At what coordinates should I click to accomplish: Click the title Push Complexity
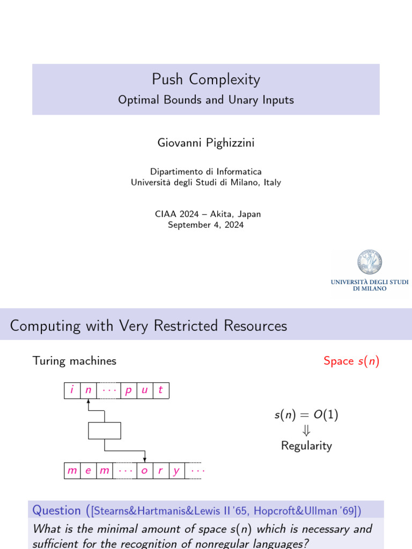(206, 79)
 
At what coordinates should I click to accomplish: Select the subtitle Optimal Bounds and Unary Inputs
(206, 100)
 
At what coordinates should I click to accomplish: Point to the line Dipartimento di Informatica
(206, 172)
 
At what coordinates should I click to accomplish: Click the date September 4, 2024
(206, 225)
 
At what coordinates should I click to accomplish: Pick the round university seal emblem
(370, 263)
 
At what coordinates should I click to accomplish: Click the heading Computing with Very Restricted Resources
(149, 325)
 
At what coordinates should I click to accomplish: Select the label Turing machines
(74, 361)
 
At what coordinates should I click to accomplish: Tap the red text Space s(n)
(351, 361)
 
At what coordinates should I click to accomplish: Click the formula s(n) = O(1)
(306, 415)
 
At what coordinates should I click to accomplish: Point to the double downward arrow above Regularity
(306, 431)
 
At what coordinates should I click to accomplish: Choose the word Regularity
(306, 446)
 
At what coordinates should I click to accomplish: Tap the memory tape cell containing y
(176, 471)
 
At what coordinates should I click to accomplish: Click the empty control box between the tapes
(104, 431)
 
